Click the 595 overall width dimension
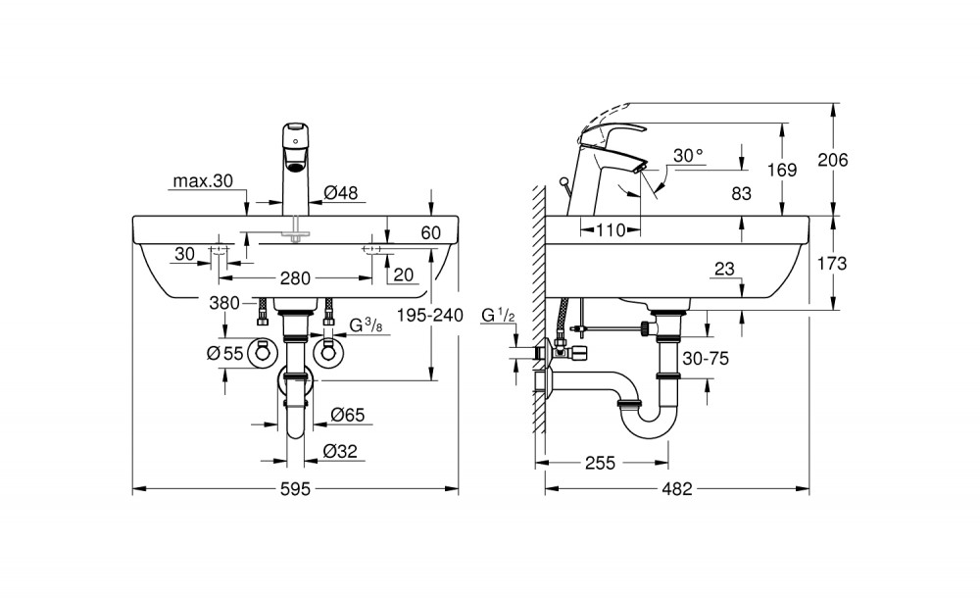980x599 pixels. [x=295, y=489]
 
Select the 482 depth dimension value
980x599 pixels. [x=677, y=489]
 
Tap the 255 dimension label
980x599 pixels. [x=600, y=464]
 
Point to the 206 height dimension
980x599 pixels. [x=833, y=161]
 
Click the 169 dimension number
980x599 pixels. [x=782, y=170]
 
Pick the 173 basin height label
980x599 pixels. [x=832, y=264]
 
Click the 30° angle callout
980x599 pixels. [x=688, y=155]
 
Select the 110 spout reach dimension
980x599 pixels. [x=610, y=230]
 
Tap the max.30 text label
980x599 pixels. [x=203, y=181]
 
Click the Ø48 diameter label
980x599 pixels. [x=341, y=193]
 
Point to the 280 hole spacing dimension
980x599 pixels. [x=295, y=278]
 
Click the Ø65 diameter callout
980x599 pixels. [x=348, y=415]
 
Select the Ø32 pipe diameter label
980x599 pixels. [x=340, y=451]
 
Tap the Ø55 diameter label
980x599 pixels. [x=224, y=354]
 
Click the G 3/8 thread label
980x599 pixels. [x=365, y=325]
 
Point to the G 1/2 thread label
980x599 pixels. [x=498, y=316]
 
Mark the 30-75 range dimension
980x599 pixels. [x=706, y=359]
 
